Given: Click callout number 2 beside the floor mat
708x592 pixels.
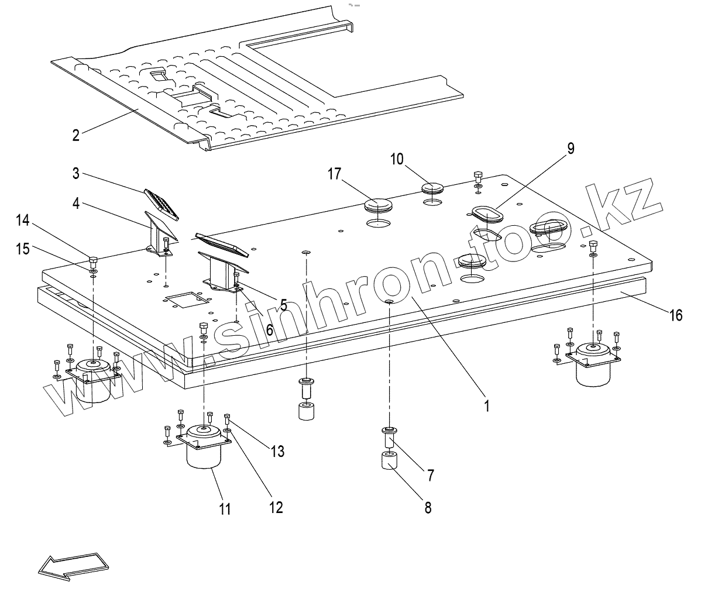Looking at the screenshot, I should click(x=75, y=135).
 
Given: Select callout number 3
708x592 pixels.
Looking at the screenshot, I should click(x=75, y=174).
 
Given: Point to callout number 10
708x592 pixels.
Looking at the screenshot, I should click(x=397, y=159).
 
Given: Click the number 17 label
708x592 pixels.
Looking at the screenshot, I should click(x=334, y=174).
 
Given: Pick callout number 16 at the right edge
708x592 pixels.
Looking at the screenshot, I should click(x=675, y=315).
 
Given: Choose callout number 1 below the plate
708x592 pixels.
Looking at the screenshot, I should click(x=486, y=405).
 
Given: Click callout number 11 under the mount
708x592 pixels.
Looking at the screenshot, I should click(x=225, y=508).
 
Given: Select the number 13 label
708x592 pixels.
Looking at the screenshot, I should click(x=277, y=451).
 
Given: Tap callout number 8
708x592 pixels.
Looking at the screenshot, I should click(x=428, y=507).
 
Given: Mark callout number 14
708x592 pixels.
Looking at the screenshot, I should click(x=22, y=221).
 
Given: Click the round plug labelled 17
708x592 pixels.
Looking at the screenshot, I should click(x=377, y=206).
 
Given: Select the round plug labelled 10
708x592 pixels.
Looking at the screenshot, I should click(x=433, y=188).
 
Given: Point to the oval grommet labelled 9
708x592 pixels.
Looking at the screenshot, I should click(x=486, y=214).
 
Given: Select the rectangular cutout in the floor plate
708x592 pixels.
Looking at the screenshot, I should click(x=187, y=300).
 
